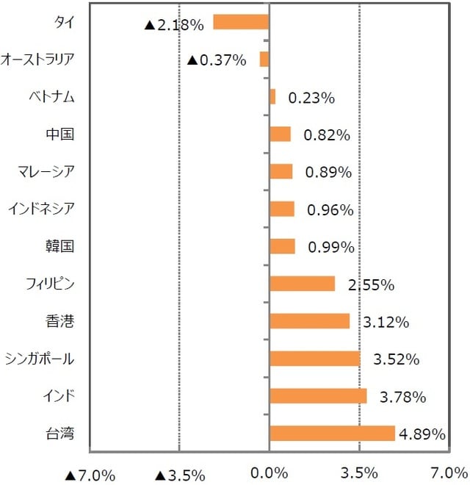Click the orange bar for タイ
tap(241, 22)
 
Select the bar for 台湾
tap(332, 434)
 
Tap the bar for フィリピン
tap(302, 284)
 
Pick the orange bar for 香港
tap(309, 321)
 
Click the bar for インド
tap(318, 396)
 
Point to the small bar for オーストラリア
tap(264, 60)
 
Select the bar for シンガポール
tap(315, 359)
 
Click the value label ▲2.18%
tap(173, 25)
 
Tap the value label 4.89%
tap(422, 434)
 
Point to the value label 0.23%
tap(311, 98)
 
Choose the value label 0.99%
tap(330, 248)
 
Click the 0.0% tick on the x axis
tap(269, 473)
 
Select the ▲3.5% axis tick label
tap(180, 475)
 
